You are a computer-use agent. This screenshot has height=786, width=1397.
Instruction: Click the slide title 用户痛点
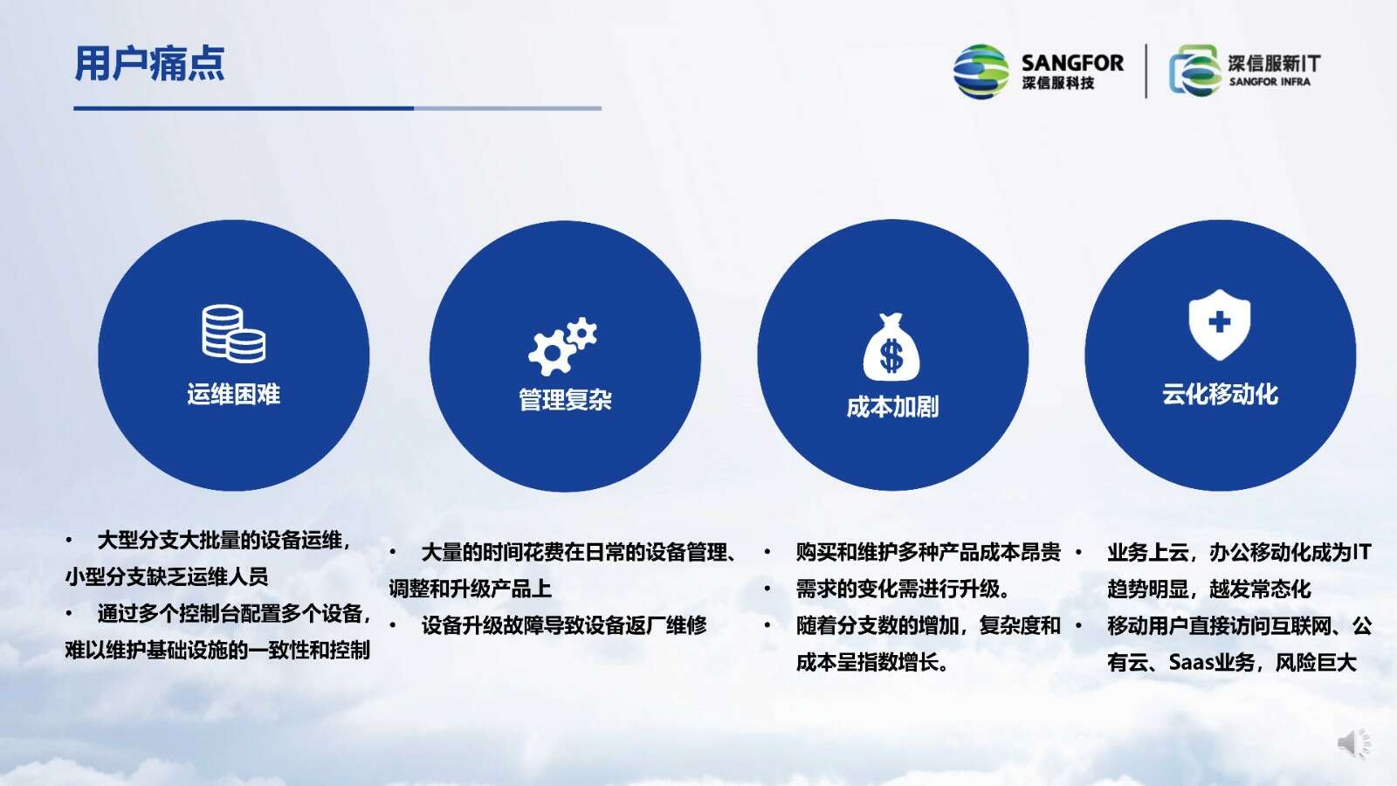pos(149,64)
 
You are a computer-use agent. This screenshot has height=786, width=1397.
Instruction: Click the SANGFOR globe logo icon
pos(981,71)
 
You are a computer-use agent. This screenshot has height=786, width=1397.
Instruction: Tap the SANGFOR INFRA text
pos(1270,82)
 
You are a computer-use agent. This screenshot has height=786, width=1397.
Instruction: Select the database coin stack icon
pos(233,334)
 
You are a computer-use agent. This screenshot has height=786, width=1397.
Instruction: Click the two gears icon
pos(562,346)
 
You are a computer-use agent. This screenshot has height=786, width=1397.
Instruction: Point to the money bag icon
pos(891,347)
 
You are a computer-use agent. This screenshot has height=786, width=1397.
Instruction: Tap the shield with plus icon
pos(1219,324)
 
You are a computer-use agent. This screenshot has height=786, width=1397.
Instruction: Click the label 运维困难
pos(234,394)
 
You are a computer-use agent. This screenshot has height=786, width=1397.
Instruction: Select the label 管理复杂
pos(565,400)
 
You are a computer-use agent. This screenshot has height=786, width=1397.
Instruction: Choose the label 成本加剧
pos(892,407)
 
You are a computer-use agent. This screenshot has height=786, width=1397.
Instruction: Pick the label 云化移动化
pos(1220,394)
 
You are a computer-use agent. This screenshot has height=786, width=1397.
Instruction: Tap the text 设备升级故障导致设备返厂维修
pos(564,625)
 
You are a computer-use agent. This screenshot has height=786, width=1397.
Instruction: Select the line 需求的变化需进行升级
pos(903,589)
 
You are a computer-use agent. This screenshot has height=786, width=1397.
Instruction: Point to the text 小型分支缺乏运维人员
pos(167,576)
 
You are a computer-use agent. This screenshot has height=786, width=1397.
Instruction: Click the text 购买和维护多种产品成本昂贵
pos(928,552)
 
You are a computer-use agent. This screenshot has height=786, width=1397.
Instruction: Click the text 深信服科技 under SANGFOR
pos(1057,83)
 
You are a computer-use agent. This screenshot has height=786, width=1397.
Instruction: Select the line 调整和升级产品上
pos(471,589)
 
